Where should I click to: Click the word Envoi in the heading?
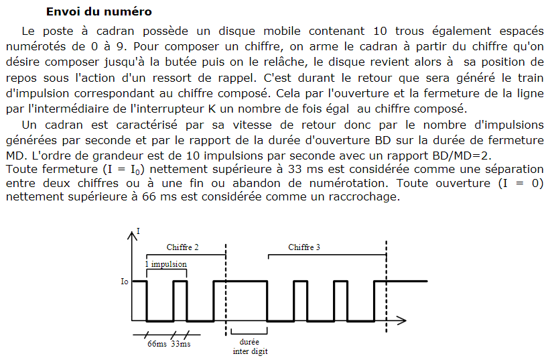[63, 12]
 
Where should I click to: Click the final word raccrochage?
[364, 196]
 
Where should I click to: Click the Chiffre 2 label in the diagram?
[182, 247]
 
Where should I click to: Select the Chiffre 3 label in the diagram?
[304, 247]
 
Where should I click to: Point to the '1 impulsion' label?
[166, 264]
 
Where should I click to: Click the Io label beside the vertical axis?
[124, 282]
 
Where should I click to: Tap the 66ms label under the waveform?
[157, 344]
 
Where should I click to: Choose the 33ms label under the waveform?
[181, 344]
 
